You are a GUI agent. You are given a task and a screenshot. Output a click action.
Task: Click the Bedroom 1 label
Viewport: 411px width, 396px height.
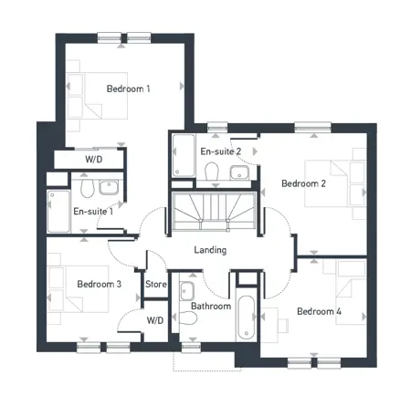coord(128,89)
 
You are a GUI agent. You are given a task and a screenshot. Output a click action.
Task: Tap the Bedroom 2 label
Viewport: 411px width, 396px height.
coord(303,183)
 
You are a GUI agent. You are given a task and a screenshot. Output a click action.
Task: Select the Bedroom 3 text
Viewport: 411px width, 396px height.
coord(100,284)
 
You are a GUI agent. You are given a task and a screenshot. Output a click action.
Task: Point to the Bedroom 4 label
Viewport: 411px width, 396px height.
coord(319,311)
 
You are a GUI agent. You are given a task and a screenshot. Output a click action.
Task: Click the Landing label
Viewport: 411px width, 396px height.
coord(210,250)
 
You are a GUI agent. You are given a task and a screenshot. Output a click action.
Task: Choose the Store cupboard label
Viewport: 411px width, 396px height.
coord(156,284)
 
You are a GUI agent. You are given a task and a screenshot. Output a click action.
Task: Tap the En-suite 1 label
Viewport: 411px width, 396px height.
coord(93,211)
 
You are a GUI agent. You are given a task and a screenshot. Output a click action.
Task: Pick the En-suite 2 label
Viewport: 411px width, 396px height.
coord(221,151)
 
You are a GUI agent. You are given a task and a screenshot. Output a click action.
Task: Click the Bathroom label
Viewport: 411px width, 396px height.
coord(211,306)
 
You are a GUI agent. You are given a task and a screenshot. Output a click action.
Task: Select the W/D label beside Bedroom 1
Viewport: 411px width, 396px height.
coord(94,159)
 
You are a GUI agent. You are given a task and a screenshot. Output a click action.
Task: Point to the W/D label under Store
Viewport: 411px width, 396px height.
coord(155,320)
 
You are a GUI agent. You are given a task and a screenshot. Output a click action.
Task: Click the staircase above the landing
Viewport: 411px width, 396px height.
coord(214,210)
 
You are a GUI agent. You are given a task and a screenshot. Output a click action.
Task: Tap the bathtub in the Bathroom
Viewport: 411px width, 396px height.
coord(247,318)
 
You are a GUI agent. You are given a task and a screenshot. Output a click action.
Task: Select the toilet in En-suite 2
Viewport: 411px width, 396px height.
coord(212,171)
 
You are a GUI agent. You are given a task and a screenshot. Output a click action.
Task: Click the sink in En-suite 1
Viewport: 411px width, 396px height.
coord(109,187)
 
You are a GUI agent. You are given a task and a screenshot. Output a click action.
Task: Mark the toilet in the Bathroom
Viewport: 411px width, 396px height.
coord(187,318)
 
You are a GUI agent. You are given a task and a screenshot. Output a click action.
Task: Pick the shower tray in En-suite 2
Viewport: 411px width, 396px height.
coord(184,155)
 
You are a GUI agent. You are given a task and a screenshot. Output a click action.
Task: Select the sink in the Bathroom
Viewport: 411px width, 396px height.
coord(187,291)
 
